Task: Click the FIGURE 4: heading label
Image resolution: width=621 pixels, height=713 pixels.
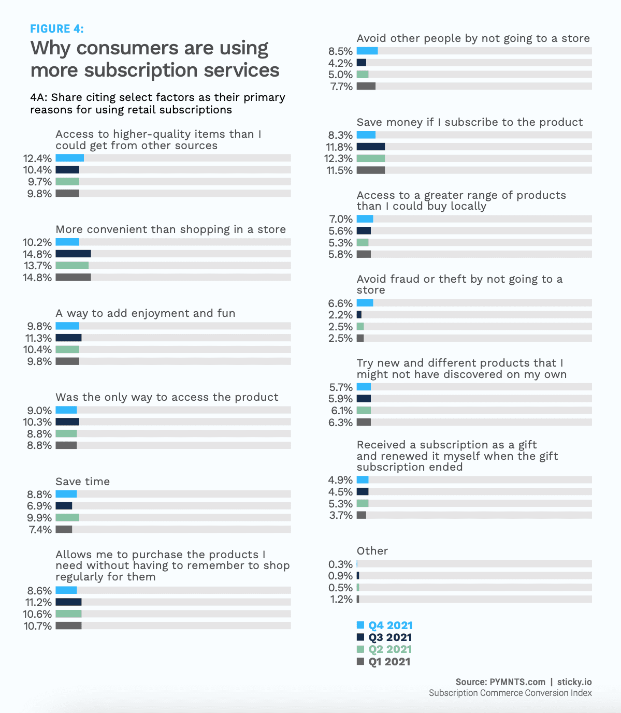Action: (x=57, y=28)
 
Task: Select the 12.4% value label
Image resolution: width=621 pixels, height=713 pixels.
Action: (x=37, y=158)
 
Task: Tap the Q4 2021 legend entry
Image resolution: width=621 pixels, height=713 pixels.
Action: (x=384, y=625)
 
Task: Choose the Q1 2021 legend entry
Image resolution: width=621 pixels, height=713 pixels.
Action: (x=383, y=661)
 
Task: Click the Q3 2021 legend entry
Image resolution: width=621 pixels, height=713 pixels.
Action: (x=384, y=637)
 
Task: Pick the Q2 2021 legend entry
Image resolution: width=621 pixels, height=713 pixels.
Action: (x=384, y=649)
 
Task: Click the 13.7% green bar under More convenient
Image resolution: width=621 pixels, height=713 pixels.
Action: (x=72, y=266)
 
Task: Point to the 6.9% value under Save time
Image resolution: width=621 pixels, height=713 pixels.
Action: (x=39, y=506)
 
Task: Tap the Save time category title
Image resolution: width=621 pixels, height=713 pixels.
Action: (x=82, y=481)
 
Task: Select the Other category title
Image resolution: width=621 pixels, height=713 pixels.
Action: (x=372, y=550)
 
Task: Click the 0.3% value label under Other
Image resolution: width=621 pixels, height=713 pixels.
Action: (x=340, y=564)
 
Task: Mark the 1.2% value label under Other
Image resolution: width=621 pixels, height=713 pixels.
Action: (x=340, y=599)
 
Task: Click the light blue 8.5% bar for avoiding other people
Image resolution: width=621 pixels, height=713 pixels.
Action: (x=367, y=51)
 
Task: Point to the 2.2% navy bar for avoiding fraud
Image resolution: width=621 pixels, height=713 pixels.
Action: (x=359, y=315)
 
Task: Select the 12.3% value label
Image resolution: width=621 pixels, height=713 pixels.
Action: (x=338, y=158)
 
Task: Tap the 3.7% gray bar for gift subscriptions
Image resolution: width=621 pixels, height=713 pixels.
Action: (x=362, y=515)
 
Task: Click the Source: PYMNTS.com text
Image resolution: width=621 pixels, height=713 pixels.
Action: (x=500, y=682)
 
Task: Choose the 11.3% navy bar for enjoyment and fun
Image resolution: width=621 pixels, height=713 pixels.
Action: (x=69, y=338)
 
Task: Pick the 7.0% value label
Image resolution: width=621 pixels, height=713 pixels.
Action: (x=341, y=219)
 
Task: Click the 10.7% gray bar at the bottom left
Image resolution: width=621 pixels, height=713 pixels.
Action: (x=69, y=625)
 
